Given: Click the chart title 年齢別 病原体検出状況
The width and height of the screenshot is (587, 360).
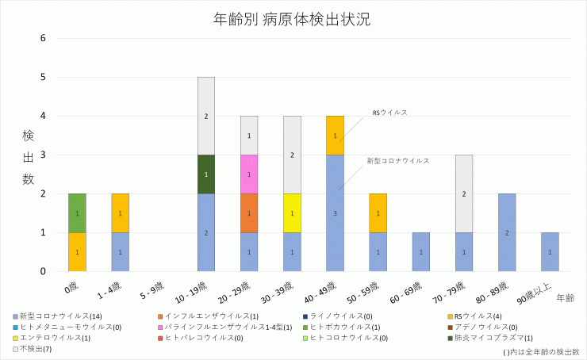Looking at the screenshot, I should pyautogui.click(x=293, y=18).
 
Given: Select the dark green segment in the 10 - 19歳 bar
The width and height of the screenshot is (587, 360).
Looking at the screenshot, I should pyautogui.click(x=206, y=174).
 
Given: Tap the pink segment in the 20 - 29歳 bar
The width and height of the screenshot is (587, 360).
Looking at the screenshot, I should pyautogui.click(x=249, y=174).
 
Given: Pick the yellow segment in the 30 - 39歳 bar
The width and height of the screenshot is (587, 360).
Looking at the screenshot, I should pyautogui.click(x=292, y=213).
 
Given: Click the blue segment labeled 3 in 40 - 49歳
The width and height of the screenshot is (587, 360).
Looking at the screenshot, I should pyautogui.click(x=335, y=213).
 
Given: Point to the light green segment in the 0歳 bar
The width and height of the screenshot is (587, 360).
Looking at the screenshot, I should pyautogui.click(x=78, y=213).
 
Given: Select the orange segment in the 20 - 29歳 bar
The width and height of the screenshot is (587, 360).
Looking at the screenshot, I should pyautogui.click(x=249, y=213).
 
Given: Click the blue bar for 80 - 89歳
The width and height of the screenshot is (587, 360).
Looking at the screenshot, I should pyautogui.click(x=506, y=232).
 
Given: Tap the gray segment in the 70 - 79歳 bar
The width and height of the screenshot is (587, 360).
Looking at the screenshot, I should pyautogui.click(x=463, y=193).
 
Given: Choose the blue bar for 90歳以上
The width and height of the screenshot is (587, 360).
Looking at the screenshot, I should pyautogui.click(x=549, y=251).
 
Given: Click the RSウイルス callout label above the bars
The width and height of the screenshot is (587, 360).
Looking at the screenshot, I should pyautogui.click(x=389, y=113).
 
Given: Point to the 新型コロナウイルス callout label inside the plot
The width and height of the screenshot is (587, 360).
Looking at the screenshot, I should pyautogui.click(x=397, y=160).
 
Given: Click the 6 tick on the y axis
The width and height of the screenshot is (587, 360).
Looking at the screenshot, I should pyautogui.click(x=44, y=38).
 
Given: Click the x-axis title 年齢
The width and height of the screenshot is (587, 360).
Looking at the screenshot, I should pyautogui.click(x=565, y=298).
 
